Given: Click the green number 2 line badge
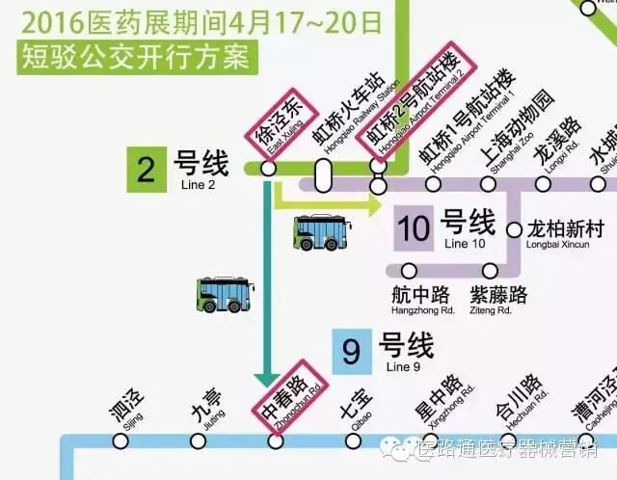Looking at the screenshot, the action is pos(147,169).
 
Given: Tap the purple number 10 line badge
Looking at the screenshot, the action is pos(414,229).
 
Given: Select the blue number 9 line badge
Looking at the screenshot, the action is pos(351,352).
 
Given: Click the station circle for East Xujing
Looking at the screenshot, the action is pos(269,169).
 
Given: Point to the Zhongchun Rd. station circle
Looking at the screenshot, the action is pos(276,441).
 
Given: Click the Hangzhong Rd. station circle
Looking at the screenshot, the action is pos(410,271).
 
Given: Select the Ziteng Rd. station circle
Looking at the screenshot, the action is pos(491,271).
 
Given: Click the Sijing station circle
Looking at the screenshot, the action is pos(121,441).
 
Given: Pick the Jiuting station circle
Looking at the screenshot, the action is pos(199,441).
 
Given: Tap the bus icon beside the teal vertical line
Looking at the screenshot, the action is pos(225,294).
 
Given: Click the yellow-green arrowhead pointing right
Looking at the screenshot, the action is pos(373,203).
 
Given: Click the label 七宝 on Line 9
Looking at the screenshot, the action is pos(353,401).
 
